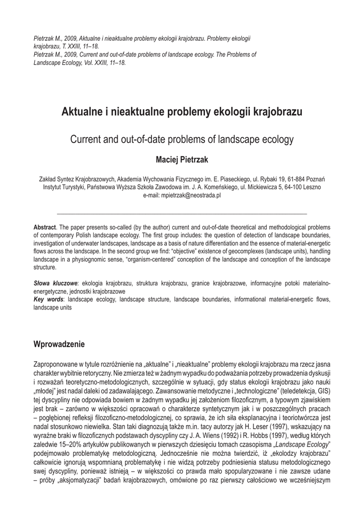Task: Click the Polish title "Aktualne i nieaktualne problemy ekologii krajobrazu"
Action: (x=182, y=112)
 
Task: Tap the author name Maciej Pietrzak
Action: (x=182, y=160)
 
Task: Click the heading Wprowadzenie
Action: (x=59, y=345)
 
